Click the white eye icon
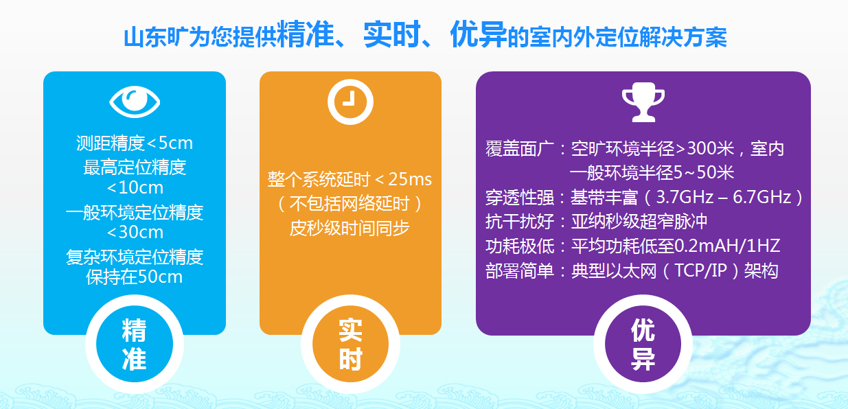[x=135, y=102]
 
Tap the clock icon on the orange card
[x=350, y=102]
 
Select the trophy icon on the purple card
[x=643, y=102]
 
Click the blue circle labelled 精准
[x=135, y=344]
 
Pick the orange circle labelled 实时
[x=350, y=344]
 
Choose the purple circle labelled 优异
[x=643, y=344]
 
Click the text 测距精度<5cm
[x=135, y=143]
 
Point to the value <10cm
[x=135, y=187]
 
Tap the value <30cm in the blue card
[x=135, y=232]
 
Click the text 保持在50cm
[x=135, y=277]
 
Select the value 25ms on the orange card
[x=410, y=179]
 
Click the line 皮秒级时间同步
[x=349, y=228]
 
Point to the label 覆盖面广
[x=520, y=149]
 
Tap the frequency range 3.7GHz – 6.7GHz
[x=724, y=197]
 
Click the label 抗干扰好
[x=520, y=222]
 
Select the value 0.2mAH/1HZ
[x=727, y=246]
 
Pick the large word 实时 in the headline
[x=392, y=34]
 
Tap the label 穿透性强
[x=520, y=197]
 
